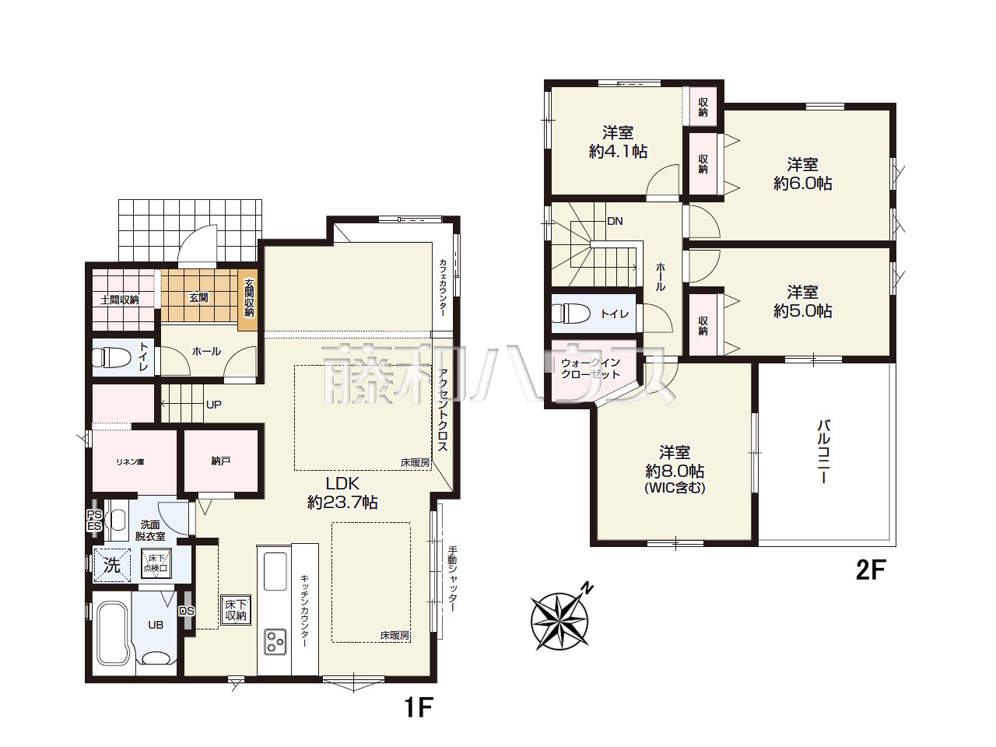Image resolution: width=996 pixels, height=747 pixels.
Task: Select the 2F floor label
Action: (x=871, y=570)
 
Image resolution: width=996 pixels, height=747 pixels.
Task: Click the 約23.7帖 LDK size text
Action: (x=342, y=503)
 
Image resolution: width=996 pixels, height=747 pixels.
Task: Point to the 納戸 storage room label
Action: (x=220, y=461)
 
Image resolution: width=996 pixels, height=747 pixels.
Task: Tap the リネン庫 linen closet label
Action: (x=130, y=462)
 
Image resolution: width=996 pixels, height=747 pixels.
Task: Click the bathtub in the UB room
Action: (x=111, y=633)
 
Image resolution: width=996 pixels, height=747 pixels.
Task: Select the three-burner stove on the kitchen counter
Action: (x=275, y=641)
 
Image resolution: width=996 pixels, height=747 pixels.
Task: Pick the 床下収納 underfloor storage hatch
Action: (x=236, y=610)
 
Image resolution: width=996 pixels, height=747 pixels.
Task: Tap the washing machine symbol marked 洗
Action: (x=112, y=566)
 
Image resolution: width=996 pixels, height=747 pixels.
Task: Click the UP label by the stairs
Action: (x=214, y=404)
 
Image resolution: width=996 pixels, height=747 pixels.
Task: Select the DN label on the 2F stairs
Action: (x=615, y=221)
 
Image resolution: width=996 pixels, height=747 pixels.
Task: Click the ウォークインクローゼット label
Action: (x=591, y=368)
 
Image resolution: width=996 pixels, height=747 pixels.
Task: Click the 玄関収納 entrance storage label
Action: (x=249, y=297)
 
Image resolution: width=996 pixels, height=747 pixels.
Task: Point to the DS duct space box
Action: (x=187, y=611)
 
